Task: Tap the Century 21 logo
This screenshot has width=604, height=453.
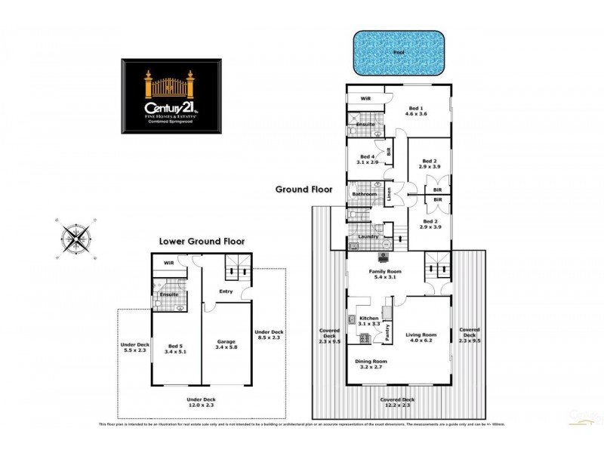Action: [x=173, y=97]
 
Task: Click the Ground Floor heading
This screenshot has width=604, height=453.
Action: [x=300, y=189]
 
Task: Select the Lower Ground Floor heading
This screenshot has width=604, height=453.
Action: [x=202, y=242]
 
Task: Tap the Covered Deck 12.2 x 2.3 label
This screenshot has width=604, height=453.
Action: [x=397, y=402]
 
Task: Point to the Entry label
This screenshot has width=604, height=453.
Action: [x=226, y=291]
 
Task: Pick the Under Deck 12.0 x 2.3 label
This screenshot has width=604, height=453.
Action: [x=201, y=402]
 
